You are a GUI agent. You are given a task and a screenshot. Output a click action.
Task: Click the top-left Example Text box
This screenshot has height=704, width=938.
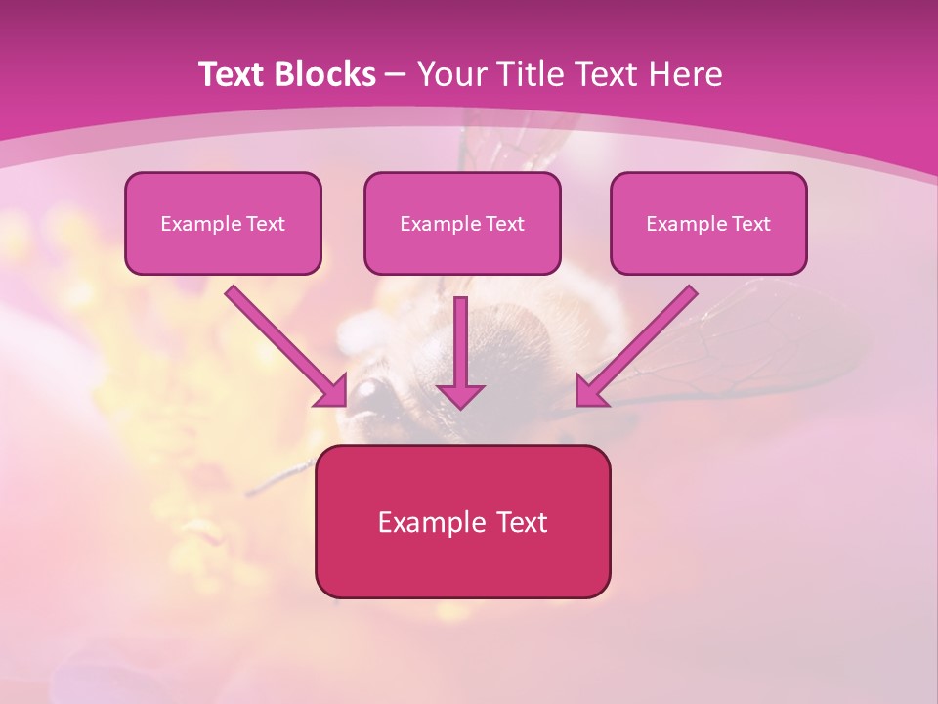(223, 223)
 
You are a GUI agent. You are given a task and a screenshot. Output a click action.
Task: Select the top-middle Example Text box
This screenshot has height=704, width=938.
(462, 223)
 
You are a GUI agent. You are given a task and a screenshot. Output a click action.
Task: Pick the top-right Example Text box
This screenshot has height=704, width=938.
(708, 223)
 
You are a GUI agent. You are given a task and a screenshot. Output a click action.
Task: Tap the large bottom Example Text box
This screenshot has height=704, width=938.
(462, 521)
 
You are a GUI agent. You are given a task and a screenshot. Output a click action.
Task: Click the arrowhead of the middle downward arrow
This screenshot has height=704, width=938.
(461, 395)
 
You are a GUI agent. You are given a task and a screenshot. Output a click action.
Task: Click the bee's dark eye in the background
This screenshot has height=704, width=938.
(368, 394)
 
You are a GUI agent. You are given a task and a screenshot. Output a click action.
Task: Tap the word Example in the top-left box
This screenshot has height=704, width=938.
(194, 224)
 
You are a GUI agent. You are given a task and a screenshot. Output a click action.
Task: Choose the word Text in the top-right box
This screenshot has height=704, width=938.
(750, 224)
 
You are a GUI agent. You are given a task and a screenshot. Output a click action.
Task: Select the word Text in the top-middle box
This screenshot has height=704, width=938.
(504, 224)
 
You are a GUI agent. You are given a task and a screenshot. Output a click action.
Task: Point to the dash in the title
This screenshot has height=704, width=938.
(396, 74)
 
